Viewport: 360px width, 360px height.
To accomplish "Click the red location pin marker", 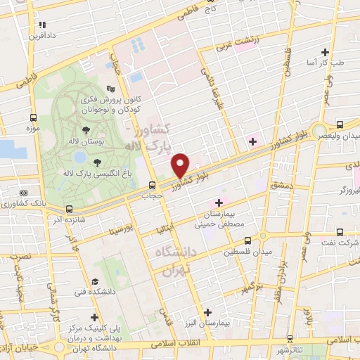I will (180, 165).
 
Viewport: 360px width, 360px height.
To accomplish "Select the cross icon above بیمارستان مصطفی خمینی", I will (219, 202).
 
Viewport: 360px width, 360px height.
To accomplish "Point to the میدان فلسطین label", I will (244, 251).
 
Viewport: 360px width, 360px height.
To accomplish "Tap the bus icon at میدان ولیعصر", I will (340, 122).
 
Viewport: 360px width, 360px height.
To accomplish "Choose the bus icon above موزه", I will (33, 117).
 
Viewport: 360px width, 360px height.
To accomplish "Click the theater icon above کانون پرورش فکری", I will (110, 89).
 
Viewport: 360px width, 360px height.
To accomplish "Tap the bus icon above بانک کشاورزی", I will (25, 193).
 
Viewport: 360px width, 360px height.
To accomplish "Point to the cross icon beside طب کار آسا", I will (325, 51).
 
